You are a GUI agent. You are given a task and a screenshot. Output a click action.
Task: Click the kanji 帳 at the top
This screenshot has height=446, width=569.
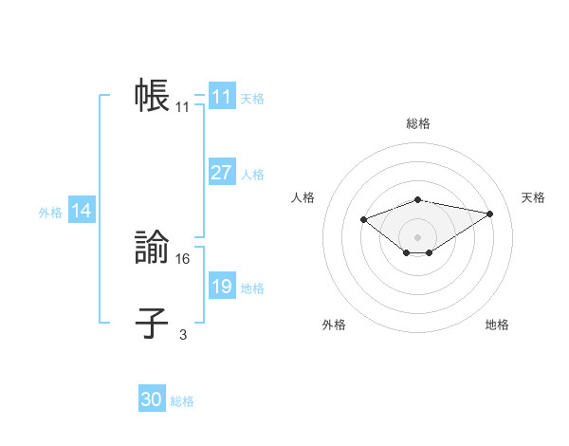click(152, 97)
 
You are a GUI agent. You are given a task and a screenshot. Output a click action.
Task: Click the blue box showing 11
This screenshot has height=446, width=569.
click(221, 97)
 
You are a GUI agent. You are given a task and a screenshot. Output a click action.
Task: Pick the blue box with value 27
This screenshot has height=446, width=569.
click(221, 173)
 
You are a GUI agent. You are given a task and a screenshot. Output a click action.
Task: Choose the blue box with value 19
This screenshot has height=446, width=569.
click(221, 287)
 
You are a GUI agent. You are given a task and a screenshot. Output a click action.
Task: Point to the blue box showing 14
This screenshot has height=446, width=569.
click(82, 212)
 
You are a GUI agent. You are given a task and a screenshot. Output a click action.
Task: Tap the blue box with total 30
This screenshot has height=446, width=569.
click(152, 400)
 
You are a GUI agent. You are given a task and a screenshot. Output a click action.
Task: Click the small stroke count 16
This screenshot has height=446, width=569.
click(184, 258)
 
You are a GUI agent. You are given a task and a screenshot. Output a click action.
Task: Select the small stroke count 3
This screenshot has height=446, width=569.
click(183, 333)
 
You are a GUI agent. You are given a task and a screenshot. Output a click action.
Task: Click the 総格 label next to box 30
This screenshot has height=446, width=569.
click(182, 401)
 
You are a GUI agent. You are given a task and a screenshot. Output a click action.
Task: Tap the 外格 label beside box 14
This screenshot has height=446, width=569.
click(50, 213)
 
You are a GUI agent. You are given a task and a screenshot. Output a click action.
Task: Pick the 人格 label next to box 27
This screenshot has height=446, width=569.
click(252, 175)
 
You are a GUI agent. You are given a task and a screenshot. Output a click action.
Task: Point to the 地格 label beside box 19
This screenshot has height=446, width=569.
click(252, 288)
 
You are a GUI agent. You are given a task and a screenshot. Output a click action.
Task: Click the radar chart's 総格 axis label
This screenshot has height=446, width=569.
click(417, 123)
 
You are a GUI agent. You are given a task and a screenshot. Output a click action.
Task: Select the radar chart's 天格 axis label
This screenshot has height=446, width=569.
click(533, 197)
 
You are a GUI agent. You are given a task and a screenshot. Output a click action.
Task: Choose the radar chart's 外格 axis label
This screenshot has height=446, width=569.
click(334, 325)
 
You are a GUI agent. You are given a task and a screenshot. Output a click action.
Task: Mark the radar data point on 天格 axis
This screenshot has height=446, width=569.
click(490, 213)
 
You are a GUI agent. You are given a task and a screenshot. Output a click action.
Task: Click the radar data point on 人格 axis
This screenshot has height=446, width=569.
click(363, 219)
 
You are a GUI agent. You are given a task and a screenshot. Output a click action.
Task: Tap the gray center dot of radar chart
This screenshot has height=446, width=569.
click(417, 236)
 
